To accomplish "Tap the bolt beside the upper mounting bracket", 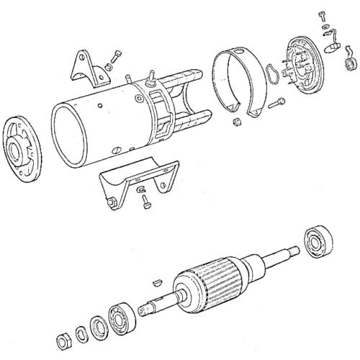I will tap(114, 58).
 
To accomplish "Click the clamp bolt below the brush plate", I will tap(276, 104).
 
